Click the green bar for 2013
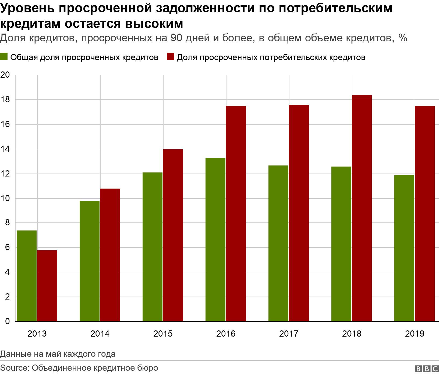(x=26, y=276)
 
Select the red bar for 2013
(x=47, y=286)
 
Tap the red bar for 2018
(x=362, y=208)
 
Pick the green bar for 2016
(x=215, y=240)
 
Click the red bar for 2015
(x=173, y=235)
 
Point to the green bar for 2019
(x=404, y=248)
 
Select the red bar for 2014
(x=110, y=255)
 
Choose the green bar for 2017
(x=278, y=243)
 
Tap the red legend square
(x=170, y=57)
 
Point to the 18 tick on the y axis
(x=5, y=100)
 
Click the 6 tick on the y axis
(x=7, y=248)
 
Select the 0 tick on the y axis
(x=7, y=322)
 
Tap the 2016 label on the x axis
(x=226, y=334)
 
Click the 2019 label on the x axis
(x=415, y=334)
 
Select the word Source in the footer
(x=14, y=368)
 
